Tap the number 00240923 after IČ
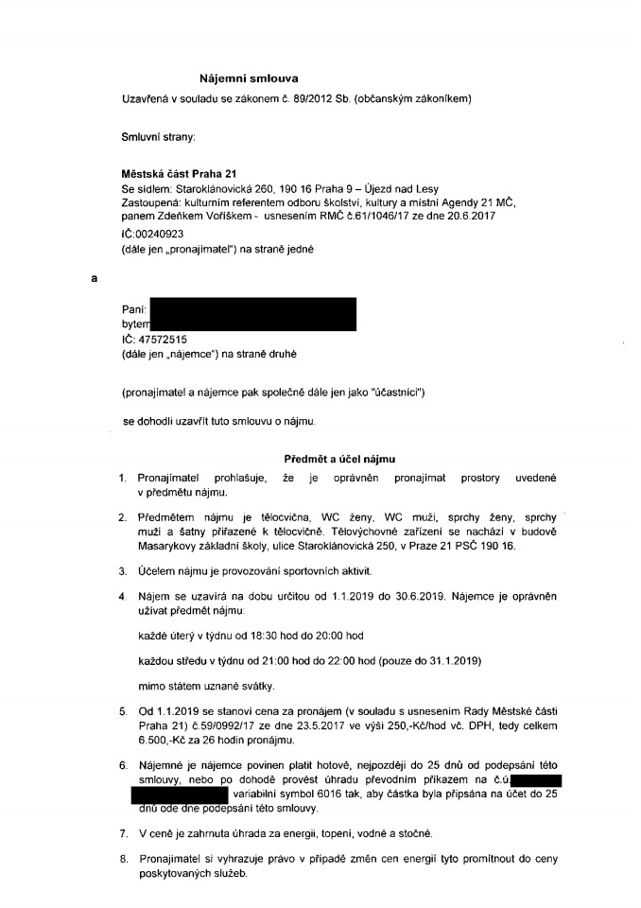[x=159, y=233]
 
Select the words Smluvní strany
[x=159, y=138]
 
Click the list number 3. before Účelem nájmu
[x=123, y=571]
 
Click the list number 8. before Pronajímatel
[x=123, y=860]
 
